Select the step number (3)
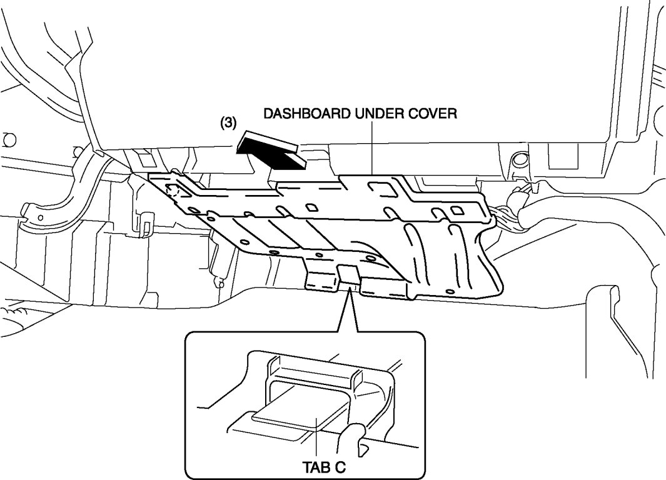[x=228, y=123]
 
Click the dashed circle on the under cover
[x=175, y=190]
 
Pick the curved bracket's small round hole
[x=41, y=217]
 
